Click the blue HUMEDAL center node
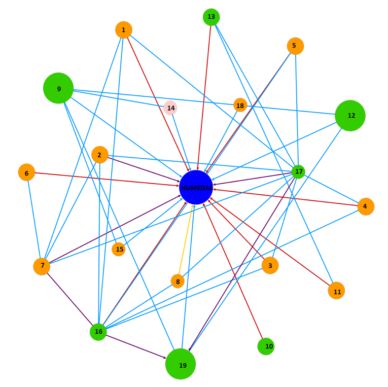[x=196, y=187]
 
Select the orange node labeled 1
[x=124, y=30]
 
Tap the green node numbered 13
[x=211, y=17]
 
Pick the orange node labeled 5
[x=295, y=46]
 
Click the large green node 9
[x=58, y=88]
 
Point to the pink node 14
[x=170, y=108]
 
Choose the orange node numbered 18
[x=240, y=105]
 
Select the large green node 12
[x=350, y=116]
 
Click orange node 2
[x=100, y=155]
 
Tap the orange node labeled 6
[x=26, y=172]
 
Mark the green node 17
[x=298, y=172]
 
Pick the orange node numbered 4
[x=366, y=206]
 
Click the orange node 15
[x=119, y=249]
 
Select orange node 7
[x=42, y=266]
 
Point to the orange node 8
[x=178, y=281]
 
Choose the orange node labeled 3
[x=270, y=265]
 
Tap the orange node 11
[x=336, y=291]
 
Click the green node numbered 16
[x=98, y=332]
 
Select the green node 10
[x=266, y=346]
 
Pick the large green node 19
[x=181, y=364]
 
